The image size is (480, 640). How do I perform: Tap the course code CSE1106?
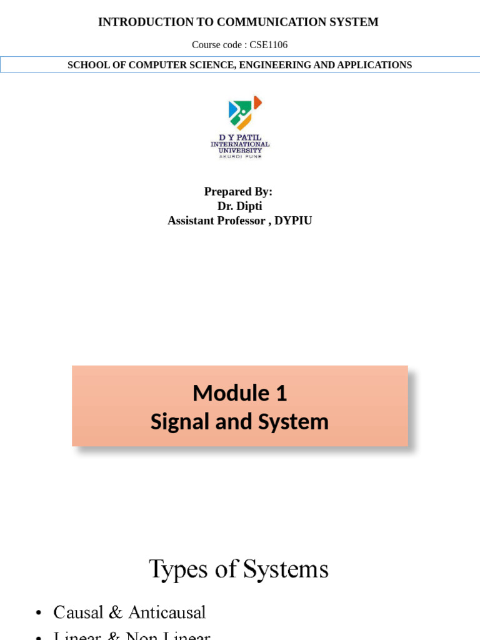(269, 45)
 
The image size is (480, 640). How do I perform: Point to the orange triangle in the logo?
(257, 102)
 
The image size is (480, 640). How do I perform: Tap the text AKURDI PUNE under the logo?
(240, 156)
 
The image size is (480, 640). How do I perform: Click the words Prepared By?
(238, 192)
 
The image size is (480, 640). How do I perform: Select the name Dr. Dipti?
(240, 206)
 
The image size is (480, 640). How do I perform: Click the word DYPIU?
(293, 221)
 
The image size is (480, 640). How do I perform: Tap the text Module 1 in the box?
(240, 393)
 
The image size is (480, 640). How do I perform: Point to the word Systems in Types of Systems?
(286, 570)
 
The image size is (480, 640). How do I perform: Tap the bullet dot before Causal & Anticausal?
(39, 613)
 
